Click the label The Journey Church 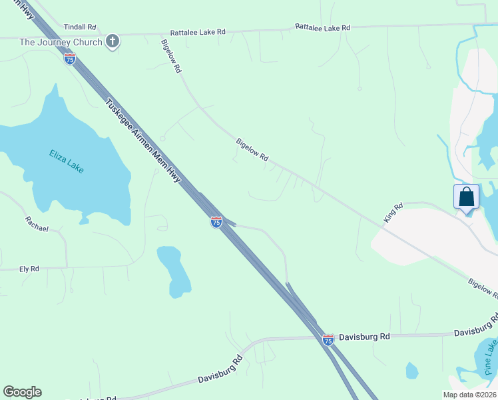tap(61, 42)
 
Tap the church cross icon tap(113, 42)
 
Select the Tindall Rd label tap(80, 27)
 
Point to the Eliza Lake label tap(67, 161)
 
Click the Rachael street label tap(37, 224)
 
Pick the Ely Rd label tap(29, 269)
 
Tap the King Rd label tap(393, 213)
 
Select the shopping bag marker tap(467, 197)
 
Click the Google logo tap(22, 392)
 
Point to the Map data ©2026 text tap(469, 395)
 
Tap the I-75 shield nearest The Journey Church tap(70, 59)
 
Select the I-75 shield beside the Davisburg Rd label tap(328, 339)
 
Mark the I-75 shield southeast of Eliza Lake tap(216, 222)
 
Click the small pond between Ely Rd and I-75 tap(173, 270)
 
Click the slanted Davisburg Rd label tap(220, 371)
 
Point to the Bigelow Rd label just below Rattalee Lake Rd tap(171, 55)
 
